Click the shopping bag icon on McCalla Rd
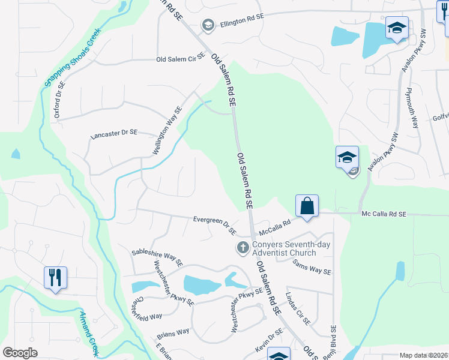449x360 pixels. [x=307, y=206]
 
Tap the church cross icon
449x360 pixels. [x=243, y=247]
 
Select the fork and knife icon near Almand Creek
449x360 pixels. [x=55, y=278]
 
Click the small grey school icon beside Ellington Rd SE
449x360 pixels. [x=208, y=24]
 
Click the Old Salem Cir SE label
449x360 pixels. [x=181, y=59]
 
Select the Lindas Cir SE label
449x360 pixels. [x=298, y=308]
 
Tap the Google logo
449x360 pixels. [x=20, y=353]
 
